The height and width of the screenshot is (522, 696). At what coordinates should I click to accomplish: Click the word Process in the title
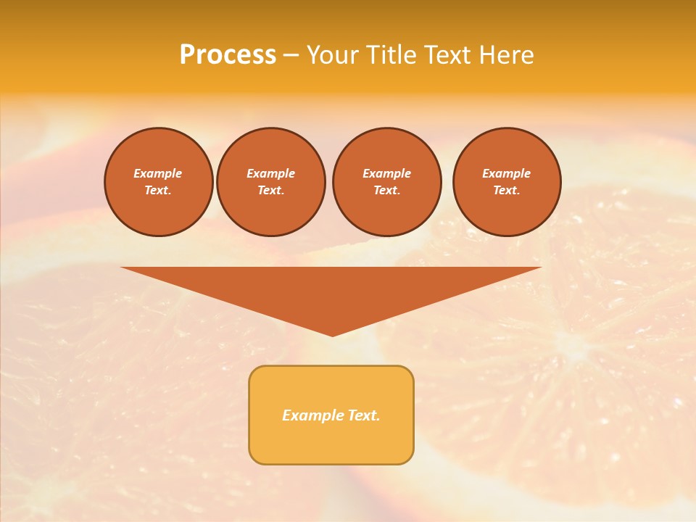(228, 55)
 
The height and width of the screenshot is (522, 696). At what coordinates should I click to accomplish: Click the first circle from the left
(159, 182)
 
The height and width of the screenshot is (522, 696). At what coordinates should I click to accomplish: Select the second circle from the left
(271, 182)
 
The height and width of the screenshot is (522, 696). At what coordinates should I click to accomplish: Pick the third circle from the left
(387, 182)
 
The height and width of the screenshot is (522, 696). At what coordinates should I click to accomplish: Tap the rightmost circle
(507, 182)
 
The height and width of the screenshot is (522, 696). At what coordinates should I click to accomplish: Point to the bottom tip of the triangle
(332, 334)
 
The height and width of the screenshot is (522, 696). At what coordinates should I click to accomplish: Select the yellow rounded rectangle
(331, 415)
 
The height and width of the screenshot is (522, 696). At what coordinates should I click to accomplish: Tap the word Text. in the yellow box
(362, 415)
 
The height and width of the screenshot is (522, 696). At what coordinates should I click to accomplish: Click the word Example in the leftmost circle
(158, 173)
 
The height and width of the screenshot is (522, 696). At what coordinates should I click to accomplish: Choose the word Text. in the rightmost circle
(507, 190)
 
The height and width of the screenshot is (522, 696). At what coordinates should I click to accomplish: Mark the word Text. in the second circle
(271, 190)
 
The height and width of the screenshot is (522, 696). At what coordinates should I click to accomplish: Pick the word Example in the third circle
(387, 173)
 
